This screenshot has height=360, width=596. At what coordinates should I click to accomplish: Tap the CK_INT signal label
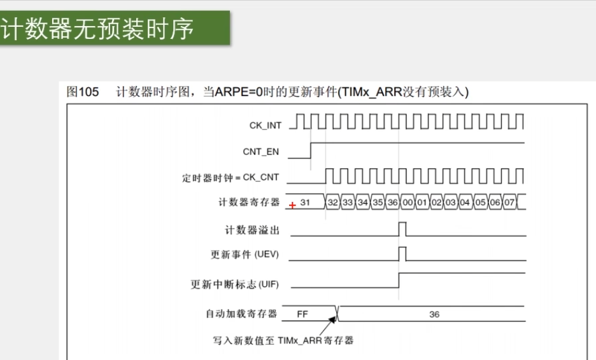[x=265, y=126]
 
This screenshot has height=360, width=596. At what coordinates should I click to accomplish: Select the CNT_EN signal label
[x=262, y=152]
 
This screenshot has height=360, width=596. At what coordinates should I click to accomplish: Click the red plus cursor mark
[x=292, y=205]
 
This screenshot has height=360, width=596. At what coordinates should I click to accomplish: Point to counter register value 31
[x=305, y=203]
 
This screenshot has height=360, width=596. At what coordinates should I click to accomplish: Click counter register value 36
[x=393, y=203]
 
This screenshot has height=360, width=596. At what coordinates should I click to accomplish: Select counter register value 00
[x=408, y=203]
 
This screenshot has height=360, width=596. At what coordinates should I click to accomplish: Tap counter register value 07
[x=509, y=203]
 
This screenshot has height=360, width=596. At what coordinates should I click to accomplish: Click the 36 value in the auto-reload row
[x=434, y=314]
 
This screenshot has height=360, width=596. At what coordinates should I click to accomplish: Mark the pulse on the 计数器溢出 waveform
[x=402, y=228]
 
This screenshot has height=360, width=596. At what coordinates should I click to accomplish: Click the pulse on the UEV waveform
[x=402, y=254]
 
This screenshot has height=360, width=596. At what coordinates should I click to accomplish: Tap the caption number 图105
[x=83, y=92]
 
